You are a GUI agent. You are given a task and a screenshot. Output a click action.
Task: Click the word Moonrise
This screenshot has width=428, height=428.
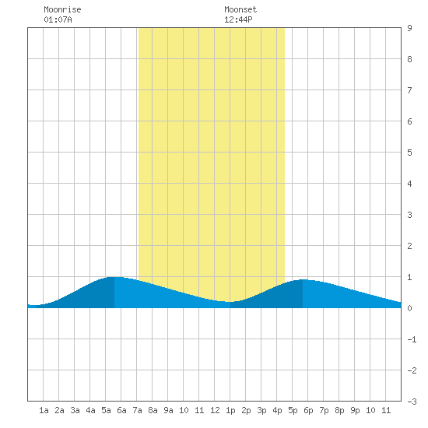pyautogui.click(x=62, y=9)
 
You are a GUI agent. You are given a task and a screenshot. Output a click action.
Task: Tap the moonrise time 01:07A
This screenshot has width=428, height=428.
pyautogui.click(x=58, y=19)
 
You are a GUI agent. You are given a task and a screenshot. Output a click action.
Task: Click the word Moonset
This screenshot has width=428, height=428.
pyautogui.click(x=240, y=9)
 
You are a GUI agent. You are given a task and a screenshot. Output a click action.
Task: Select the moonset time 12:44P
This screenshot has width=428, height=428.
pyautogui.click(x=238, y=19)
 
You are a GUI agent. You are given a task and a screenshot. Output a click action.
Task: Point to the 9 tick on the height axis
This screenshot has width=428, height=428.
pyautogui.click(x=409, y=28)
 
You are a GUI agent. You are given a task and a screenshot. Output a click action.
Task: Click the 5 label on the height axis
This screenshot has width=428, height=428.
pyautogui.click(x=409, y=153)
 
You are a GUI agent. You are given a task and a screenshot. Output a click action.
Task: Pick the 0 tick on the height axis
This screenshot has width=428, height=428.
pyautogui.click(x=409, y=308)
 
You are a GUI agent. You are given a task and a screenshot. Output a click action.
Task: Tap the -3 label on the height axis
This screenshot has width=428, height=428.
pyautogui.click(x=412, y=402)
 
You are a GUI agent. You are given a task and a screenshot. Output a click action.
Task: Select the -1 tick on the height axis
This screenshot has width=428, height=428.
pyautogui.click(x=412, y=339)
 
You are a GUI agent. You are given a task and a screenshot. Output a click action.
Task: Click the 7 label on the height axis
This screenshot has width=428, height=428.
pyautogui.click(x=409, y=90)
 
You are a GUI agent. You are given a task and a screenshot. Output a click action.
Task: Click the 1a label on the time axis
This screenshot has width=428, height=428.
pyautogui.click(x=44, y=410)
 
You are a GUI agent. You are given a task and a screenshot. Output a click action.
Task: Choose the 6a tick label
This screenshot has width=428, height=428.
pyautogui.click(x=121, y=410)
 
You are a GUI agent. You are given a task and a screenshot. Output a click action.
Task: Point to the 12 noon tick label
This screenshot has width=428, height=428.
pyautogui.click(x=215, y=410)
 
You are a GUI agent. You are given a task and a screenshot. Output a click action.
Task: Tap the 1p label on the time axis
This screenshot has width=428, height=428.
pyautogui.click(x=230, y=410)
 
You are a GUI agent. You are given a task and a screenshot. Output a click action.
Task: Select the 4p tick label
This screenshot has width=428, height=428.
pyautogui.click(x=277, y=410)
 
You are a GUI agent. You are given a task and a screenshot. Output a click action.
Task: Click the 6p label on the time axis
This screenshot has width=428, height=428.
pyautogui.click(x=308, y=410)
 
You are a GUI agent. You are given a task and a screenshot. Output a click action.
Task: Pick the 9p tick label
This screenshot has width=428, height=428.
pyautogui.click(x=355, y=410)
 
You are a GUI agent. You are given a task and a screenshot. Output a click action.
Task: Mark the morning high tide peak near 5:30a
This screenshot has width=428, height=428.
pyautogui.click(x=114, y=277)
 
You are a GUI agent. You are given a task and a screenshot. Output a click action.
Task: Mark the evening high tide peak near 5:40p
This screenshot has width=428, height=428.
pyautogui.click(x=303, y=280)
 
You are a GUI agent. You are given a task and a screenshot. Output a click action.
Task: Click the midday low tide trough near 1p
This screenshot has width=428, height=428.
pyautogui.click(x=230, y=302)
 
